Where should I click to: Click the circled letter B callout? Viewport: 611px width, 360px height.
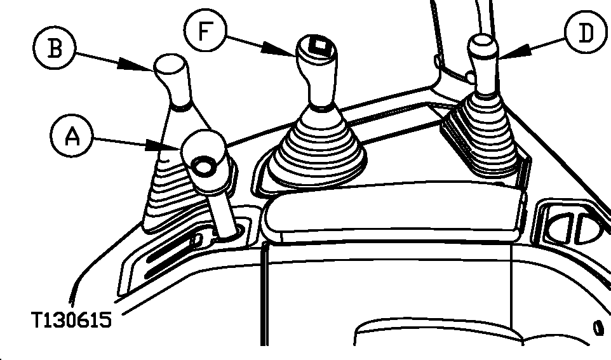[x=54, y=48]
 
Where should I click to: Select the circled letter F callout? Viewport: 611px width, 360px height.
[x=205, y=30]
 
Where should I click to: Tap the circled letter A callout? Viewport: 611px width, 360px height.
[x=72, y=136]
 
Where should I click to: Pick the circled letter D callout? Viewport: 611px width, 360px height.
[x=586, y=33]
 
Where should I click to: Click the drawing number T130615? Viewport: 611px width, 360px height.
[x=71, y=320]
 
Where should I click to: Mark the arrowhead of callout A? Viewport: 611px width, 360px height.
[x=163, y=146]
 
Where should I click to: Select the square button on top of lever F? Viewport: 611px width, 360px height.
[x=319, y=46]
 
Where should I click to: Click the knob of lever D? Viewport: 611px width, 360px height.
[x=483, y=63]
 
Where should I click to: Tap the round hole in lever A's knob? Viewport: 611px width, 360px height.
[x=203, y=166]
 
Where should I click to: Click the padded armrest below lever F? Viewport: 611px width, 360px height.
[x=394, y=210]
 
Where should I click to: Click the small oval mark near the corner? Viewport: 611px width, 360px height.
[x=598, y=328]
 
